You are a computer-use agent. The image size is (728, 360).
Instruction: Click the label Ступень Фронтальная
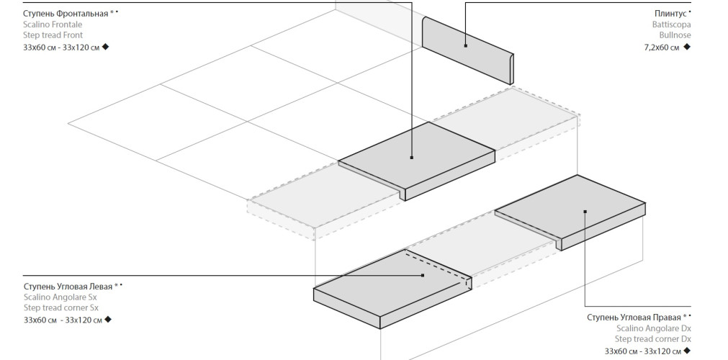66,13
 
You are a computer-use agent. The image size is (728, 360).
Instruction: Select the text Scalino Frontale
53,24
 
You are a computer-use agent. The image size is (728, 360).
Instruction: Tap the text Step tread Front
53,35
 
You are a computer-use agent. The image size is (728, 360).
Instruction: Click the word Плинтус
669,14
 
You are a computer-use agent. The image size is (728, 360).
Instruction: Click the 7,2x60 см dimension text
661,48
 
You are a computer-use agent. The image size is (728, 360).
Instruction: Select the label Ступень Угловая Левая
68,287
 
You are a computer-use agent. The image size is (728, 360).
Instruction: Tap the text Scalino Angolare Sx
60,297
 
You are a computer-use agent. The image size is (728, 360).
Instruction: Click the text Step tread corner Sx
61,308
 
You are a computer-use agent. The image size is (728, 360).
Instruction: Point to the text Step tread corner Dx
652,339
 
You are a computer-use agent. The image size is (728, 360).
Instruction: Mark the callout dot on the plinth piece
466,46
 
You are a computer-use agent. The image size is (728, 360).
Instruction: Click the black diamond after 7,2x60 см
687,47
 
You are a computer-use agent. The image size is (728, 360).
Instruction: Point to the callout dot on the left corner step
422,275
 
